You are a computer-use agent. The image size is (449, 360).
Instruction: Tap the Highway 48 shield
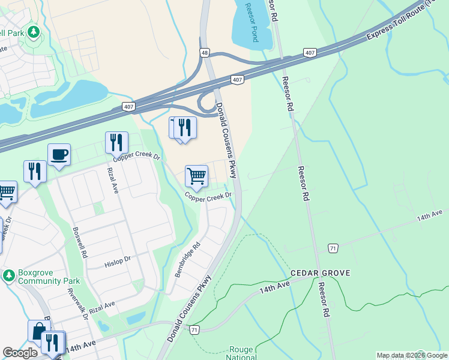click(x=205, y=53)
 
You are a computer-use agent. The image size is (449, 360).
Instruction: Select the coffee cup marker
click(x=59, y=155)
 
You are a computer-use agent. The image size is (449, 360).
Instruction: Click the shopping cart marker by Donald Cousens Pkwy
click(x=196, y=176)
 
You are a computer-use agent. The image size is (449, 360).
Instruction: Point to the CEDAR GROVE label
click(x=320, y=273)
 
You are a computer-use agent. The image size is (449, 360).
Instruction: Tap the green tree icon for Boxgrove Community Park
click(x=8, y=275)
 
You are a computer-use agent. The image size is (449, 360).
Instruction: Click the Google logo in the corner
click(x=20, y=353)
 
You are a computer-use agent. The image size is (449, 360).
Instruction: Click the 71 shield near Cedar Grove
click(x=333, y=248)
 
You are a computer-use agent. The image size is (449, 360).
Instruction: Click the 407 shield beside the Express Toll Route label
click(x=310, y=53)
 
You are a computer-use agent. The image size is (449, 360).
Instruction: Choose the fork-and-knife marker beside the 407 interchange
click(x=184, y=127)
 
